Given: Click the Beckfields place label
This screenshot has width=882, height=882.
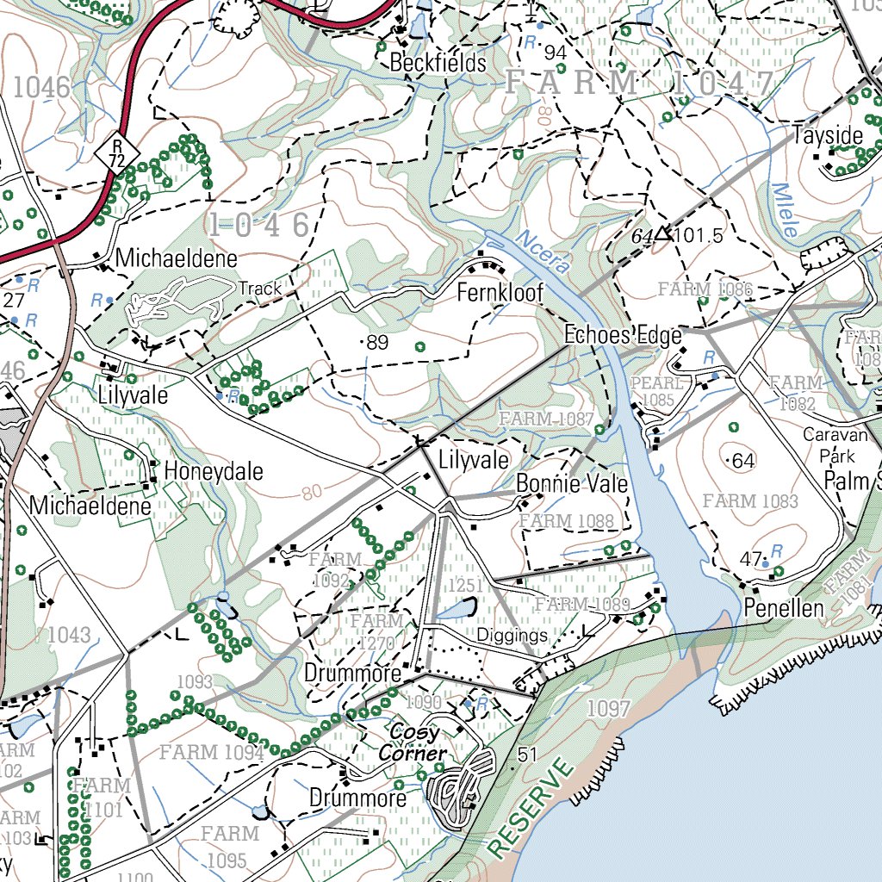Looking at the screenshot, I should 438,63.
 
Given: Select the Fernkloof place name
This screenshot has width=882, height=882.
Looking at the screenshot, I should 500,293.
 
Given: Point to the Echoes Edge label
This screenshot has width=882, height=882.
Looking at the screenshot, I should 623,335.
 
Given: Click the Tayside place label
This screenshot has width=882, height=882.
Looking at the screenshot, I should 827,136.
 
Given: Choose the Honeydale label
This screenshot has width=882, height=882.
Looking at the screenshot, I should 214,472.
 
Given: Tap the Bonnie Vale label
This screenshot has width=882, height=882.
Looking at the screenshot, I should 572,484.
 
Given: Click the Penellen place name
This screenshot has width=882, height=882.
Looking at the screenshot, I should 784,609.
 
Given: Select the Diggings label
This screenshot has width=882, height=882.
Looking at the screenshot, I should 512,637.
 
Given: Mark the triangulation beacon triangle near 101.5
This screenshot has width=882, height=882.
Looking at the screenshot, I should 661,233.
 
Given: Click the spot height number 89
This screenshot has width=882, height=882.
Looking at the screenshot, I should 377,343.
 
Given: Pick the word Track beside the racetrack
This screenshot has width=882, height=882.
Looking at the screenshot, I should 260,289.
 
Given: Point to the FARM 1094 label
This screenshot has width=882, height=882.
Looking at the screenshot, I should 211,753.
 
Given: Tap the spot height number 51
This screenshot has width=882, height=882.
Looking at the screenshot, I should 528,755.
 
